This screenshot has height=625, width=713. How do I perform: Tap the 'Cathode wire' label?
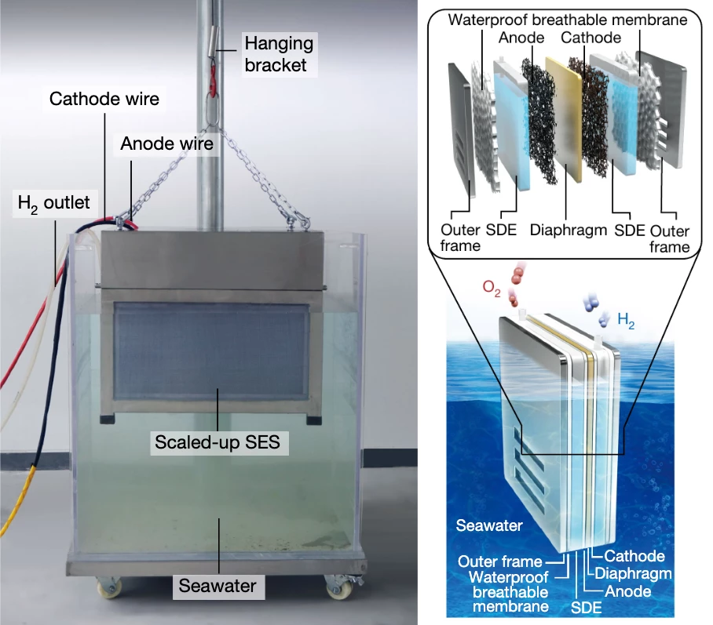(104, 99)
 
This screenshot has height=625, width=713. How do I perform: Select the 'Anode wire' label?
(166, 144)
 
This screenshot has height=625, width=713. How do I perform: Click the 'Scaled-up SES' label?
(218, 442)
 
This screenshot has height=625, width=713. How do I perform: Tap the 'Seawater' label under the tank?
(218, 584)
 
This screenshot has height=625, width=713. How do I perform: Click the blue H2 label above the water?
(627, 319)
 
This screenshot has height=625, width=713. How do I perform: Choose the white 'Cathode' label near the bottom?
(634, 556)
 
